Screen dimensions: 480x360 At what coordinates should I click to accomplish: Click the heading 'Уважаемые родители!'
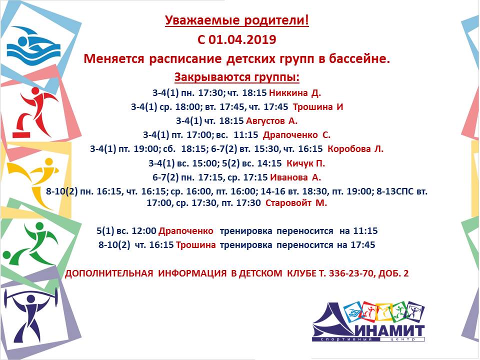[x=237, y=21]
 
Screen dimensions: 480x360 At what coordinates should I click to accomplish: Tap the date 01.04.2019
[x=242, y=40]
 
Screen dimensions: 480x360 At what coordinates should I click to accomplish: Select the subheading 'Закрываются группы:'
[x=237, y=77]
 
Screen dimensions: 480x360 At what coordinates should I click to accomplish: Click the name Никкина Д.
[x=295, y=93]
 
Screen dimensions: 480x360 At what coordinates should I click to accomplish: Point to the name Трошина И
[x=318, y=107]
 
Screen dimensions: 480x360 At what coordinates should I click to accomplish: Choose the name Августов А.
[x=272, y=121]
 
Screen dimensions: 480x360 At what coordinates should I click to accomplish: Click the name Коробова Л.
[x=355, y=149]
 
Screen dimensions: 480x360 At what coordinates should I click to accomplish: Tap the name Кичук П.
[x=305, y=163]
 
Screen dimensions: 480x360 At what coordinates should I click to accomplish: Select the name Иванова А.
[x=295, y=177]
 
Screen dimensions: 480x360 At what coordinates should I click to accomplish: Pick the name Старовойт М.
[x=296, y=203]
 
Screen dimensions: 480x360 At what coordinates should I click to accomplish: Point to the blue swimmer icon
[x=33, y=46]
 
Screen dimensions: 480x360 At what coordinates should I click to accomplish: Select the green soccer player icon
[x=30, y=243]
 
